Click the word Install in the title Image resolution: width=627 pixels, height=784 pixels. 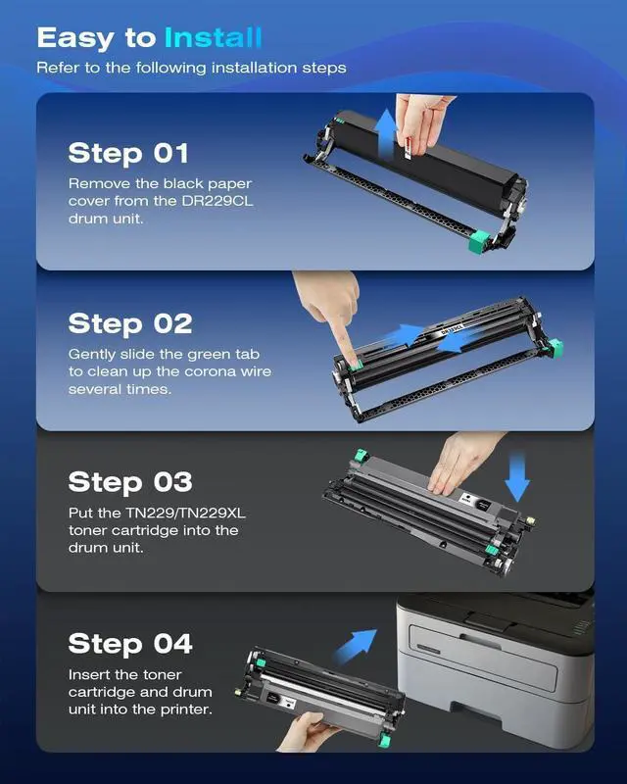point(213,38)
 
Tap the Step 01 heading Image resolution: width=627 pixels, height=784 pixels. point(128,153)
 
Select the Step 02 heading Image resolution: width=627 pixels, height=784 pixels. point(130,323)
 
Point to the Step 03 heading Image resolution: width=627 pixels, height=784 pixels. point(130,482)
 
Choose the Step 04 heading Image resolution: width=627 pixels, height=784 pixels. point(130,644)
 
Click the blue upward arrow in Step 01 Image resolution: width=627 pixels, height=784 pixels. point(385,135)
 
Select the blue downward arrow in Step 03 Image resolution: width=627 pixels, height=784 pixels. point(517,476)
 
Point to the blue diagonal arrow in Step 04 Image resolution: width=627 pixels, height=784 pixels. point(356,646)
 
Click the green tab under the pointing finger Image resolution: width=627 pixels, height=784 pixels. point(356,367)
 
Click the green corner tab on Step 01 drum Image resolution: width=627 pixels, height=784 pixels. point(479,242)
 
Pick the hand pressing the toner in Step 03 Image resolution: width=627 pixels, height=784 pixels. point(461,463)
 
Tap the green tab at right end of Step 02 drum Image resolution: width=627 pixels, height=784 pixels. point(555,347)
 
